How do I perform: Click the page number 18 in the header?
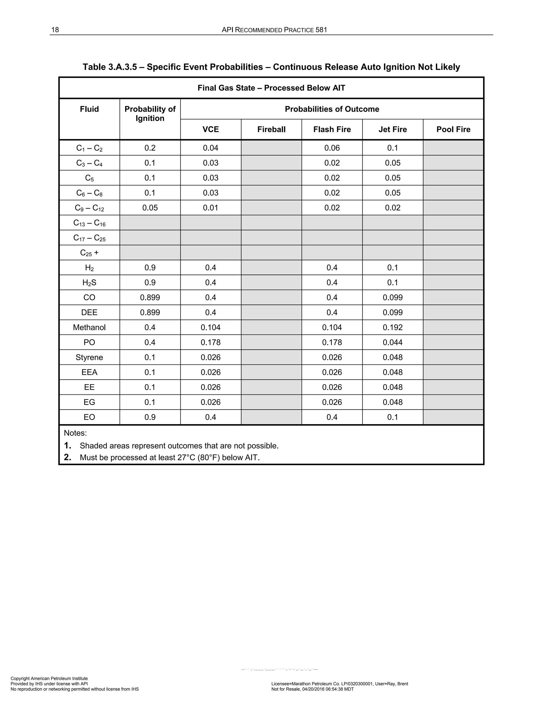(55, 30)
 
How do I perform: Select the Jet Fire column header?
(392, 129)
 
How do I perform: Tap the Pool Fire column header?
(453, 129)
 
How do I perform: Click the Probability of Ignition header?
(150, 114)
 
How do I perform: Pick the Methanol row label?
(89, 327)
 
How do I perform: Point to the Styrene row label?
(89, 357)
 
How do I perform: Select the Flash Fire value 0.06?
(332, 148)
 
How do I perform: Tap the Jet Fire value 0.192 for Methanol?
(392, 327)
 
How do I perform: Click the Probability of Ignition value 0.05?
(150, 208)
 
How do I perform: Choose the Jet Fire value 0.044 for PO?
(392, 342)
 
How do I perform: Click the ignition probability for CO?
(150, 297)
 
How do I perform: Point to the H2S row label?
(89, 283)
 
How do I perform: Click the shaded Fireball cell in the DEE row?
(271, 312)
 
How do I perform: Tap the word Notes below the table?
(75, 433)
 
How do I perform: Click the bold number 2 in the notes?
(67, 457)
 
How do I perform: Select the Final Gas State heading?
(271, 88)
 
